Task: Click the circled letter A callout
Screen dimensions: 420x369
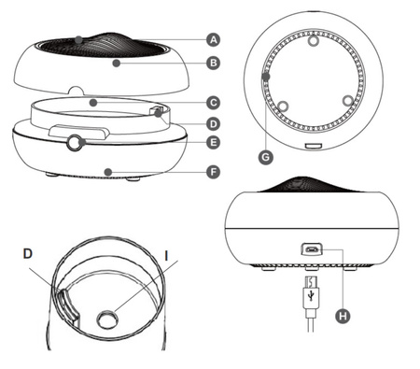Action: [x=213, y=40]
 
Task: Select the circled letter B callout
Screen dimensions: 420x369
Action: [x=213, y=64]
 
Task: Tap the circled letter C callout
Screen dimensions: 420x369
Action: [x=213, y=103]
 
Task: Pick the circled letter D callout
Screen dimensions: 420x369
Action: [x=213, y=124]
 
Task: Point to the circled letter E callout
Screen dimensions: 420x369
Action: [x=213, y=142]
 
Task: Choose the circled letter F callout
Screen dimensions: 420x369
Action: [x=213, y=172]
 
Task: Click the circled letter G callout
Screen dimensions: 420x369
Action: [x=266, y=157]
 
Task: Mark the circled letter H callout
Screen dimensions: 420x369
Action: [x=343, y=316]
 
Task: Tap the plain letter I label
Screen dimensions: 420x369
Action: [x=166, y=256]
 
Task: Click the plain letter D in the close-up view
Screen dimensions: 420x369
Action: [x=28, y=254]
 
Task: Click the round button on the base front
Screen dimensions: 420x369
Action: [x=75, y=143]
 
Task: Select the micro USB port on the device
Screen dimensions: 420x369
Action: [x=312, y=249]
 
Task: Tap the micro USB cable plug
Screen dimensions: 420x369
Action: [x=311, y=292]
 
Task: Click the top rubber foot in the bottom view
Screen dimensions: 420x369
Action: [x=314, y=40]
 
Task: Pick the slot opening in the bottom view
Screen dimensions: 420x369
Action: [x=314, y=146]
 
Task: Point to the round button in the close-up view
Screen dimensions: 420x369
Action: [x=107, y=319]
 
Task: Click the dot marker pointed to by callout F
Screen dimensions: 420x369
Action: [x=108, y=172]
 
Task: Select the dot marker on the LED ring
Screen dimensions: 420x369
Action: [x=266, y=76]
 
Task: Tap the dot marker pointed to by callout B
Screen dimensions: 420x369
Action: [x=116, y=64]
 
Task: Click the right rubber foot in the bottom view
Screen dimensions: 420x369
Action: [x=348, y=101]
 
